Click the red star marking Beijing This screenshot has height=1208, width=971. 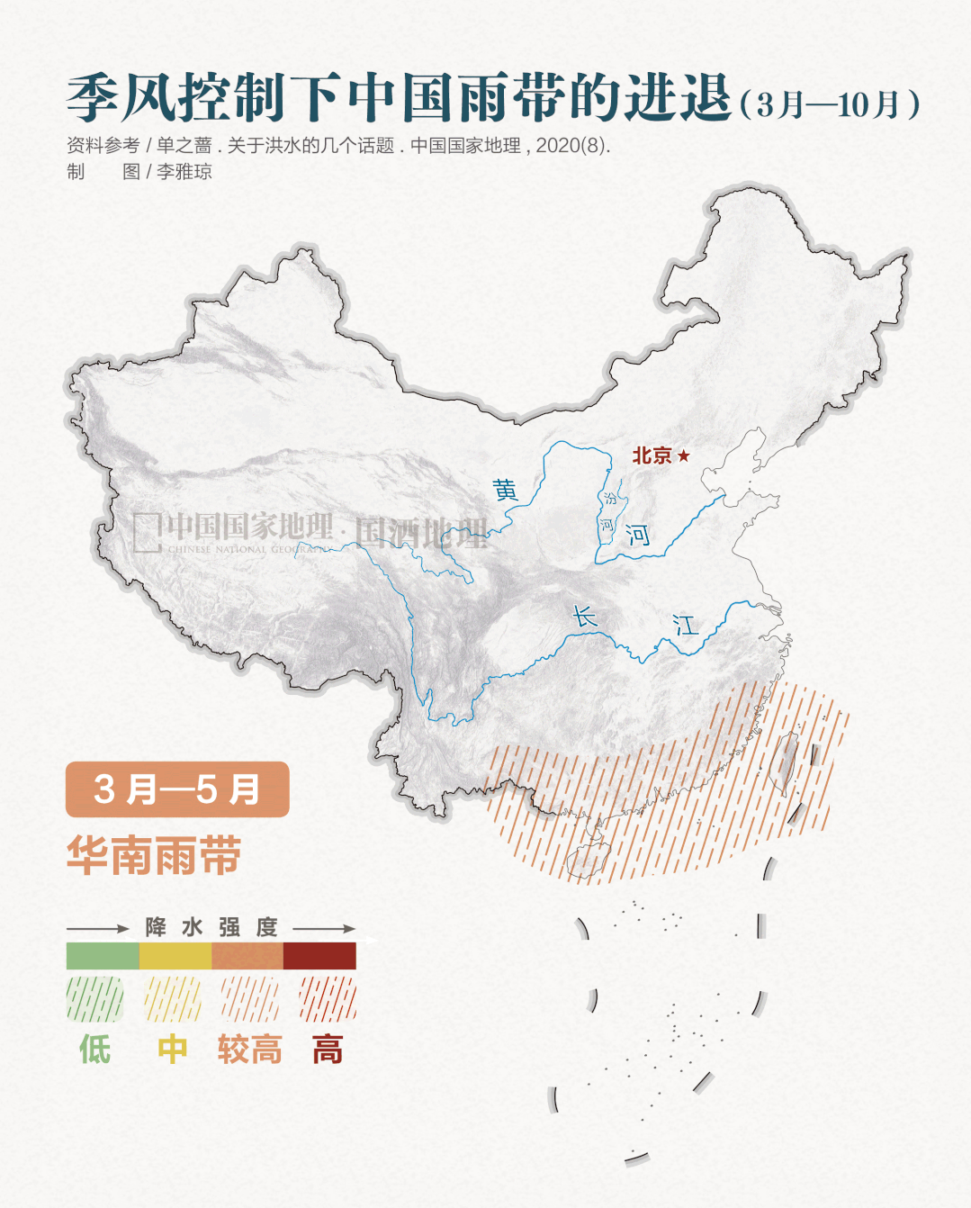pos(684,455)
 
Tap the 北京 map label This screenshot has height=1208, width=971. pos(652,455)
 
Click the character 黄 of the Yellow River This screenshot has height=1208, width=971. pos(506,491)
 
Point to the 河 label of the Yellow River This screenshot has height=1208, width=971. pos(638,536)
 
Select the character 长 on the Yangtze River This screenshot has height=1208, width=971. pos(585,617)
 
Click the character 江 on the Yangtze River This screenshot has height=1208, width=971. pos(686,625)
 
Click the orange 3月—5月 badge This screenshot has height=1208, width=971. pos(177,789)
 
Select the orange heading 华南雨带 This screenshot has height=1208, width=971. pos(154,855)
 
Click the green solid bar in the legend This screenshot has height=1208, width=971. pos(103,956)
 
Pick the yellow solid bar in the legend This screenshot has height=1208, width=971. pos(175,956)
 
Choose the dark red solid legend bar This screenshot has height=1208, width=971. pos(319,956)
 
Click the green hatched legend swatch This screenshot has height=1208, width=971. pos(95,999)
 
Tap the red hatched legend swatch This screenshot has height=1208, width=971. pos(328,999)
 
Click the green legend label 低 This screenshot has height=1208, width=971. pos(95,1050)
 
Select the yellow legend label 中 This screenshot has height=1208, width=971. pos(173,1050)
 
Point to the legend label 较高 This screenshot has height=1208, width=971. pos(249,1050)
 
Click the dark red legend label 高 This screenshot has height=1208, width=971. pos(328,1050)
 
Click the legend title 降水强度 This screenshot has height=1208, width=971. pos(211,927)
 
